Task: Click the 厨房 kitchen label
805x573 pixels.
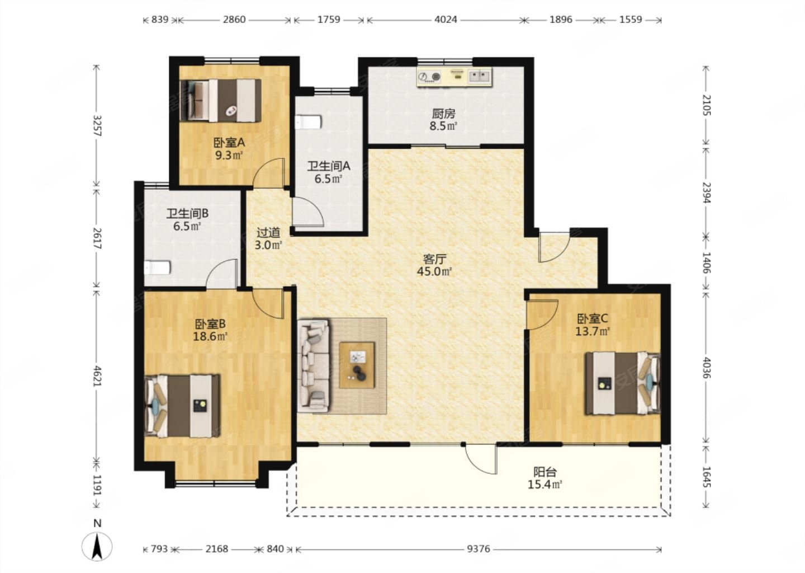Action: (x=443, y=114)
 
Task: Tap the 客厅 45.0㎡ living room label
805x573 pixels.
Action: (x=434, y=265)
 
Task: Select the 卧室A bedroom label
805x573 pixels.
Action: (x=229, y=143)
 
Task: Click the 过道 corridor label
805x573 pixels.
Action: (x=268, y=233)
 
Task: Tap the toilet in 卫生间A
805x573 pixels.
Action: (x=308, y=123)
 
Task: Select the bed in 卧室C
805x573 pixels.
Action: (x=623, y=383)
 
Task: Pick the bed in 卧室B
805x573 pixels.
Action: (x=182, y=406)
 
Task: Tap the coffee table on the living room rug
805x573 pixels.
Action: (x=357, y=365)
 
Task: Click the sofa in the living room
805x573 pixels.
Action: (x=314, y=365)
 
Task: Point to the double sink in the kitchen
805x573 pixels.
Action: (x=480, y=76)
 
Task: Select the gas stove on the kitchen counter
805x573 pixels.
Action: (x=430, y=77)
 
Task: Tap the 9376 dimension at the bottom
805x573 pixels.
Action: (x=479, y=549)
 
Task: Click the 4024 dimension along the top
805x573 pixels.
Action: (x=446, y=20)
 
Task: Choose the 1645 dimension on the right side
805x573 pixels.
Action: (x=707, y=477)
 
